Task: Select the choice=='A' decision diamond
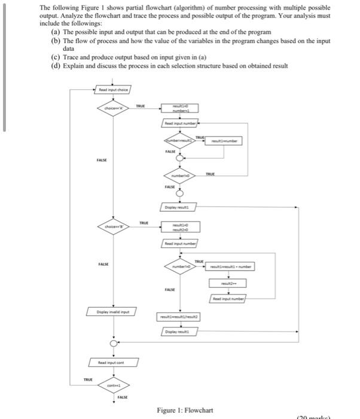pos(112,108)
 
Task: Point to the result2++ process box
pos(227,282)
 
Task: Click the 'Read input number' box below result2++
pos(227,298)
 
